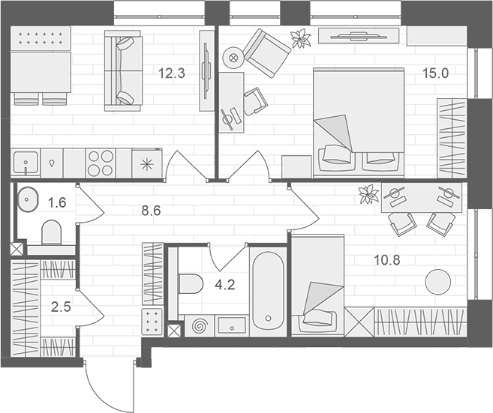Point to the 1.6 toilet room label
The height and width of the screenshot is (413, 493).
(x=58, y=202)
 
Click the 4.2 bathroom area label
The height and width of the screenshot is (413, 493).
(x=226, y=284)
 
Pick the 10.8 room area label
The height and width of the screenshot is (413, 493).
(x=388, y=262)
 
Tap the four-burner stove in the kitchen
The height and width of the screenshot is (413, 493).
(x=101, y=162)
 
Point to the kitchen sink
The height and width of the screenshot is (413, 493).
(x=27, y=162)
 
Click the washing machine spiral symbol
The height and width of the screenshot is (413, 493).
(x=200, y=327)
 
